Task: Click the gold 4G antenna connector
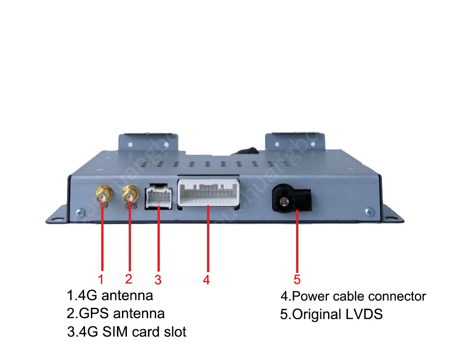[102, 194]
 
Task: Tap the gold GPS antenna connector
[130, 194]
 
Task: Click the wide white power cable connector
[208, 193]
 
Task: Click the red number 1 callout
[101, 279]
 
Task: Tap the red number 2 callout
[129, 279]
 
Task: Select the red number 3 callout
[157, 280]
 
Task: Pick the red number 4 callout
[206, 280]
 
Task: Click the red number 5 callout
[297, 279]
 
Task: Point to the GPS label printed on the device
[131, 207]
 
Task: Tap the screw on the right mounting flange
[369, 210]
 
